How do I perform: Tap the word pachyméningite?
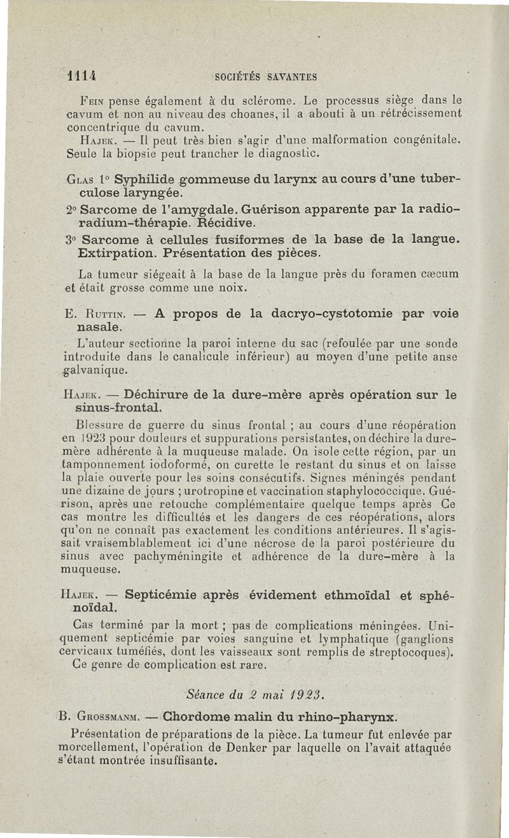(x=159, y=557)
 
